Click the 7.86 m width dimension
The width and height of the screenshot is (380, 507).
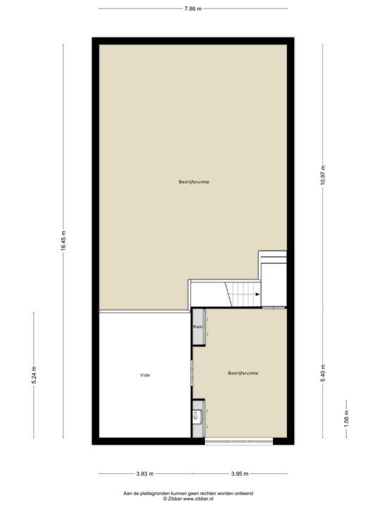tap(193, 9)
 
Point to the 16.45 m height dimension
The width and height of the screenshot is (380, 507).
tap(63, 242)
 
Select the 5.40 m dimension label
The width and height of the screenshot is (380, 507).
tap(323, 370)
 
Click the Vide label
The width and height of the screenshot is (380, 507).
tap(145, 375)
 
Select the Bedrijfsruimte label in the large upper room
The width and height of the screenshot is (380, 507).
tap(193, 182)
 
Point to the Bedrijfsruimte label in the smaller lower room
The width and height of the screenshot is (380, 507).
tap(242, 373)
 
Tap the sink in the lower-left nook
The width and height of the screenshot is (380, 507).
tap(198, 418)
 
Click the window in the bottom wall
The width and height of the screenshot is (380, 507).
tap(239, 442)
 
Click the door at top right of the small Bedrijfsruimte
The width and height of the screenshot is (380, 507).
tap(274, 307)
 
